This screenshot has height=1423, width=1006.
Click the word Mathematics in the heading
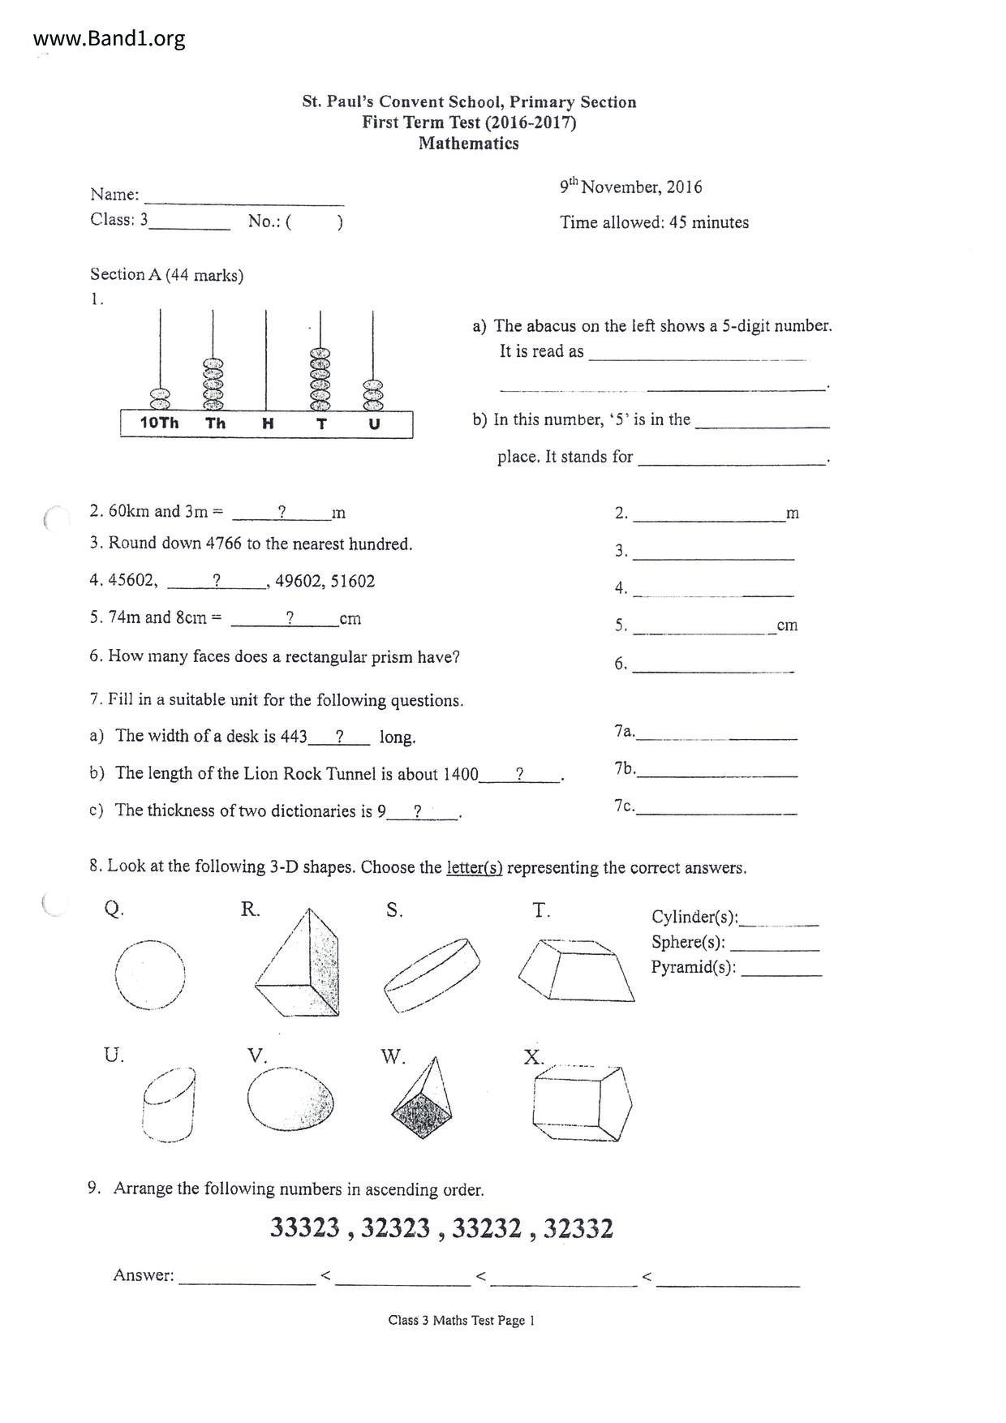(x=468, y=144)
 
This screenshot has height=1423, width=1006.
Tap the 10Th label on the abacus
(x=159, y=423)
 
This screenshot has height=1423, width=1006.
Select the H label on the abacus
(x=267, y=423)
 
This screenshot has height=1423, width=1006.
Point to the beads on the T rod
(x=321, y=379)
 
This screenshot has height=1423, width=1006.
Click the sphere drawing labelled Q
(x=149, y=974)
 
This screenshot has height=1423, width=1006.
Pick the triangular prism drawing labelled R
(x=299, y=965)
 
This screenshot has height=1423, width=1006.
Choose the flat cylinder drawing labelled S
(x=431, y=974)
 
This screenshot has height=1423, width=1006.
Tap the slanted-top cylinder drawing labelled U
(x=169, y=1105)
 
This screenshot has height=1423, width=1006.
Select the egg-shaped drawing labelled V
(x=290, y=1100)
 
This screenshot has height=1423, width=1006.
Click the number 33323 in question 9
(x=304, y=1228)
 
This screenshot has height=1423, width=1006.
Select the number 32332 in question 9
(x=578, y=1228)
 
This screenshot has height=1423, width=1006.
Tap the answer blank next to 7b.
(x=717, y=770)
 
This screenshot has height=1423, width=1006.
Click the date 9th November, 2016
(x=630, y=187)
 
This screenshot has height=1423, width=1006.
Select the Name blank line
(x=243, y=198)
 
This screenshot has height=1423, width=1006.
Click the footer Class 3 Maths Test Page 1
(x=461, y=1320)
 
